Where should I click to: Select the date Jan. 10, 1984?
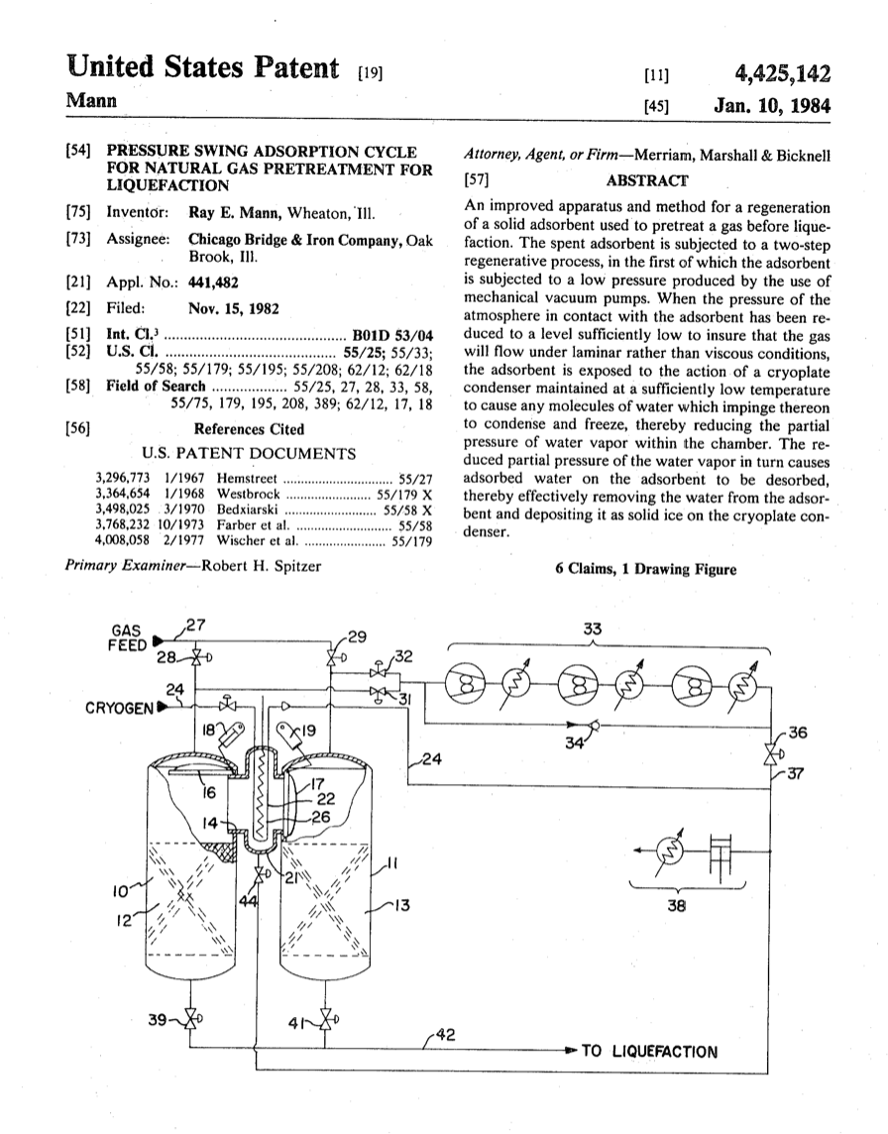[771, 106]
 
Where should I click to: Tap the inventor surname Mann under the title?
[90, 102]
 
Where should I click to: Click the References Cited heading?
[249, 429]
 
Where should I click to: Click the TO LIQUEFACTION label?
[648, 1052]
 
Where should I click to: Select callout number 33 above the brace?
[593, 628]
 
